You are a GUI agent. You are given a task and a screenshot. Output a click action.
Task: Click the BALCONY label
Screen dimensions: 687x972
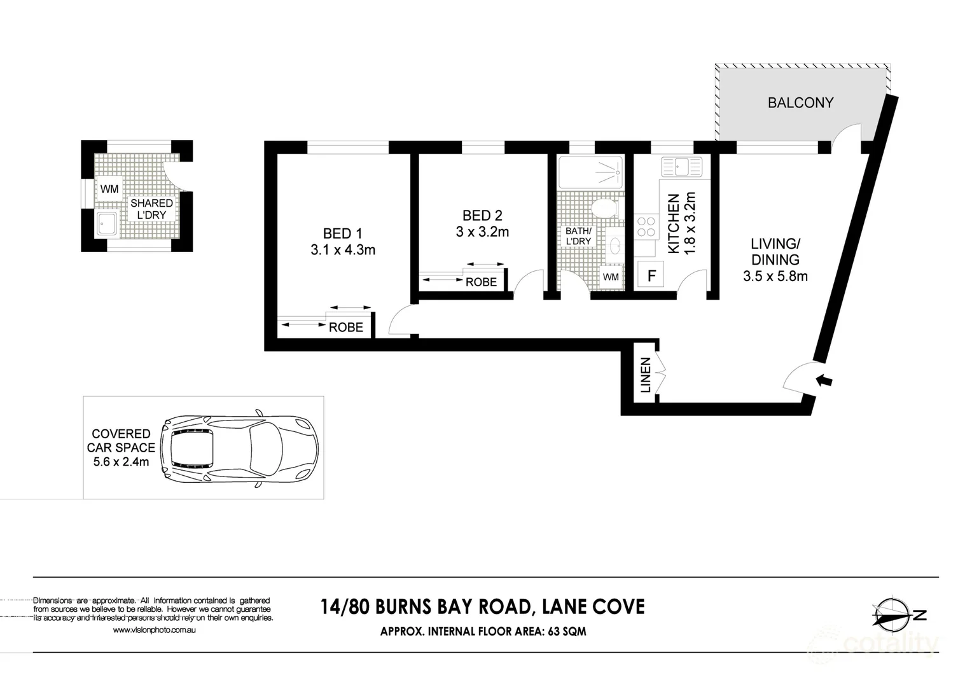tap(800, 103)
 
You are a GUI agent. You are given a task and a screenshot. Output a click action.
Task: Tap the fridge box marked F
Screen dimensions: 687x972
tap(651, 276)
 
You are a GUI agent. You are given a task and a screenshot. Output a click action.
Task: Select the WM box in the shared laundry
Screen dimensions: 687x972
tap(109, 189)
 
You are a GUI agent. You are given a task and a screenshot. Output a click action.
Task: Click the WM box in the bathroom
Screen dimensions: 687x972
tap(611, 277)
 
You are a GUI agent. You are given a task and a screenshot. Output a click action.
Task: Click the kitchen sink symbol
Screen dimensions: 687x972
tap(681, 167)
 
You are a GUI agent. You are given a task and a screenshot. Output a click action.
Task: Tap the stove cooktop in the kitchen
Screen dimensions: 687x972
tap(646, 226)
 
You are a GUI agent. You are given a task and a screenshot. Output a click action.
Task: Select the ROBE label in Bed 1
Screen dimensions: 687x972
tap(346, 328)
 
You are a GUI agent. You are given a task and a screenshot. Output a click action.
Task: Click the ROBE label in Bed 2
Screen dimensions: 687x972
tap(481, 282)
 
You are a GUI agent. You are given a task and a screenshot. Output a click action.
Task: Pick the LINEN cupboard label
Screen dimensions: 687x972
tap(646, 375)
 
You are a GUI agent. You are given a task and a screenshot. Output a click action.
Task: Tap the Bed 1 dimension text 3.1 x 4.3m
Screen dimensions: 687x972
tap(343, 250)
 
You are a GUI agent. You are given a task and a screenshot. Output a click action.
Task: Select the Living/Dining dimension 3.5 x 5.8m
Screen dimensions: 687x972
tap(775, 276)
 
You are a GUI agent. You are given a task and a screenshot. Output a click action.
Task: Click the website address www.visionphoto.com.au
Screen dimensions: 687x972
tap(153, 630)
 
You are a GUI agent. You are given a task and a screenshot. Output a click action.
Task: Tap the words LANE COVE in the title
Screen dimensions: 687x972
tap(592, 607)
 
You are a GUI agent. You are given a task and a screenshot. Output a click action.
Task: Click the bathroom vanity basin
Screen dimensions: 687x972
tap(614, 244)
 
